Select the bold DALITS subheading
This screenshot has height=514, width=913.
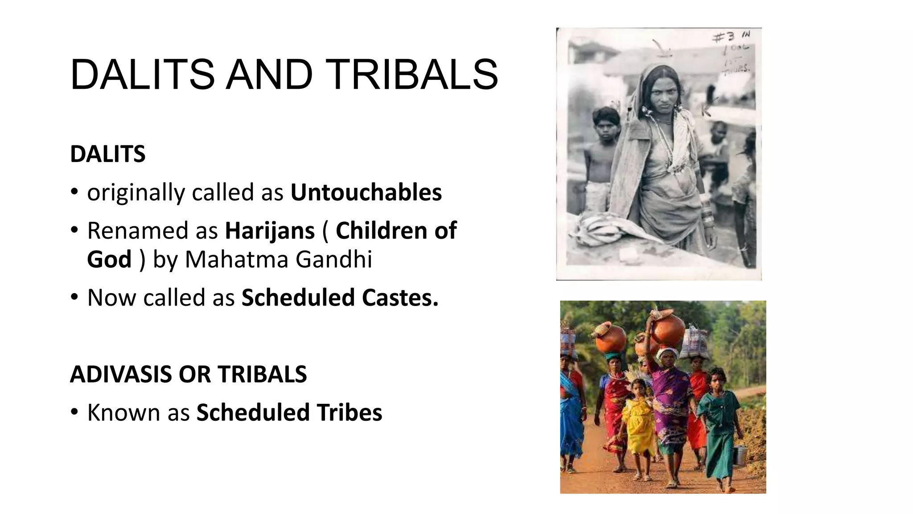coord(107,154)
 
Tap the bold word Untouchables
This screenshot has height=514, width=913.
coord(366,192)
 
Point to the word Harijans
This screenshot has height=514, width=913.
coord(270,231)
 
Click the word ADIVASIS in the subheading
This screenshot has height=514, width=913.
coord(120,374)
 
